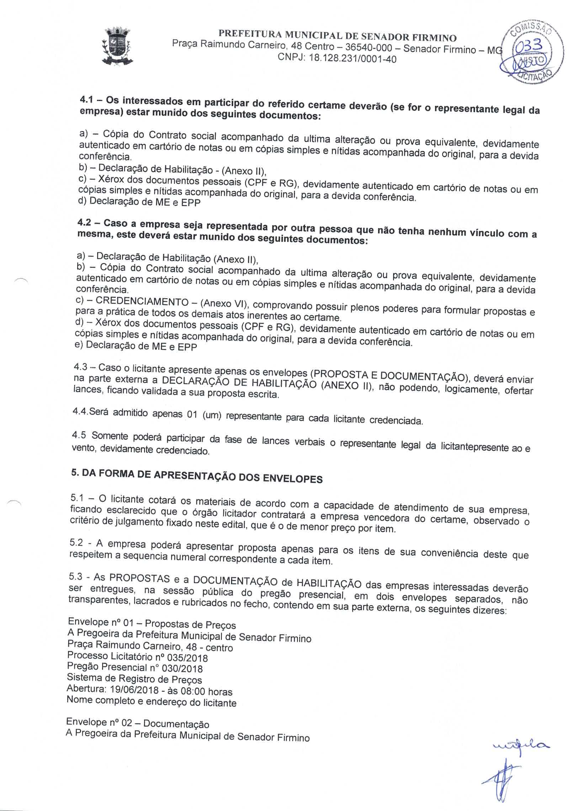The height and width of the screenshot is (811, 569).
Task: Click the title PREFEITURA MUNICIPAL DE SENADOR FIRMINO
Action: click(337, 37)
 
